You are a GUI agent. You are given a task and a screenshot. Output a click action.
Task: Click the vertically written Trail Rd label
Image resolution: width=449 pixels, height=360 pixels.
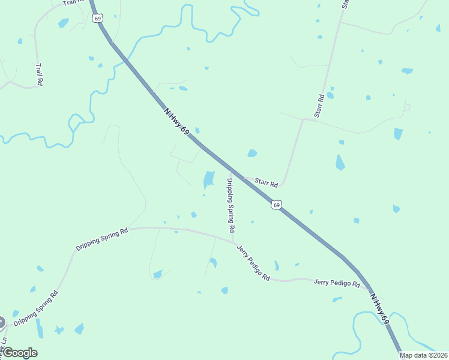click(x=39, y=75)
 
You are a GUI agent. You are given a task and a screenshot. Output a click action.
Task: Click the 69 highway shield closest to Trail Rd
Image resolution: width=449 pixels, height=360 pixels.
click(x=98, y=19)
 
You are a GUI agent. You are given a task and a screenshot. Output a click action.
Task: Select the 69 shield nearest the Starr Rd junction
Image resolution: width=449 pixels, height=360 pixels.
click(x=276, y=205)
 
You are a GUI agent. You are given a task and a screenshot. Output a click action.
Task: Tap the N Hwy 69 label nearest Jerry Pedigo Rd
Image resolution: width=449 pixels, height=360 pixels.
click(x=380, y=309)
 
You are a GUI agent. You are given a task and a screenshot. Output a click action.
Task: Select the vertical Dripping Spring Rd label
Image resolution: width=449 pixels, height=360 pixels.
click(x=229, y=205)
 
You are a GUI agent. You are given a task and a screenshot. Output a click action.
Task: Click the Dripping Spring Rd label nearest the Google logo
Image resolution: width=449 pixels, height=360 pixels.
click(x=36, y=310)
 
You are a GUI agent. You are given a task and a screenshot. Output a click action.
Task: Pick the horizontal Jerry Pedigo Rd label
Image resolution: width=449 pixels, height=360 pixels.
click(x=336, y=283)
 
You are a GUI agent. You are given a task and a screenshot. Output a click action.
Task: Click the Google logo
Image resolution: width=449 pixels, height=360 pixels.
click(x=19, y=353)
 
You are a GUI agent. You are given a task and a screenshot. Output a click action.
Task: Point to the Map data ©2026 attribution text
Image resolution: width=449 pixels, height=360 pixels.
click(x=423, y=355)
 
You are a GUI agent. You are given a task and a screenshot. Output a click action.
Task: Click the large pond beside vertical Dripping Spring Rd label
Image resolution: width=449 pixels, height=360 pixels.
click(x=208, y=179)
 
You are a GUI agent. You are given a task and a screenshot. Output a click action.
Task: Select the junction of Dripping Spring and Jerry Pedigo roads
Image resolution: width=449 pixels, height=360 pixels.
click(x=232, y=242)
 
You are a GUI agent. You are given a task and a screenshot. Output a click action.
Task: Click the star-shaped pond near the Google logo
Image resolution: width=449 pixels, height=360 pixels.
click(x=59, y=330)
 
